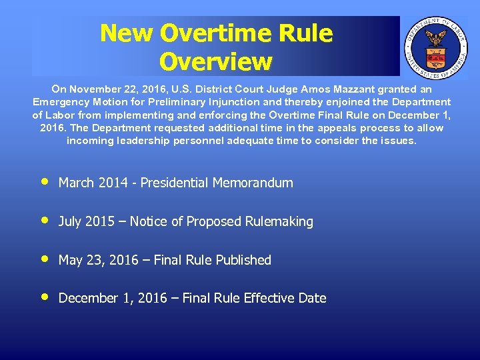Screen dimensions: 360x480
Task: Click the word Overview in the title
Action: coord(216,61)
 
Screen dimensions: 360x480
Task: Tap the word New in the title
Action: coord(127,33)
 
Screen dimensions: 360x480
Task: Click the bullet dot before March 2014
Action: coord(44,181)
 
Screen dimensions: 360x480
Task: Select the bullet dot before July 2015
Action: coord(44,220)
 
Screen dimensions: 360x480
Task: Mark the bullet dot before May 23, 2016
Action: coord(44,259)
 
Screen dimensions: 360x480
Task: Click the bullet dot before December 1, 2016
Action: coord(44,297)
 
